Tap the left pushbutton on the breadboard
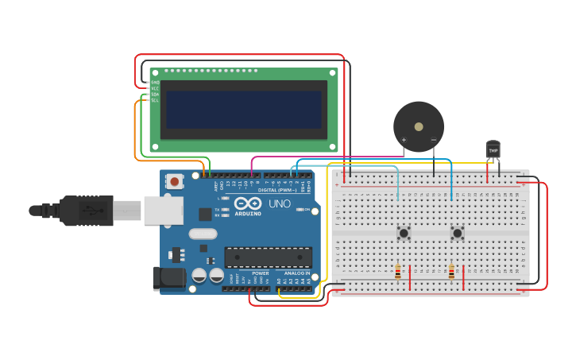point(404,233)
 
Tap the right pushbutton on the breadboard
point(457,233)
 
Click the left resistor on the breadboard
point(398,273)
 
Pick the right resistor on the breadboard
point(451,273)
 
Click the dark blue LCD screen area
point(243,110)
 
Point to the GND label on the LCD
point(155,83)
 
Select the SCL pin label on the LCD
point(155,100)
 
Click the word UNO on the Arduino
point(279,203)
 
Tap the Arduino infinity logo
point(248,203)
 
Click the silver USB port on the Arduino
point(164,211)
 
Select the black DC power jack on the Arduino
point(168,277)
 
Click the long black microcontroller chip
point(268,257)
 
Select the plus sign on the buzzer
point(404,141)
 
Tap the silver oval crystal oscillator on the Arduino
point(203,234)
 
